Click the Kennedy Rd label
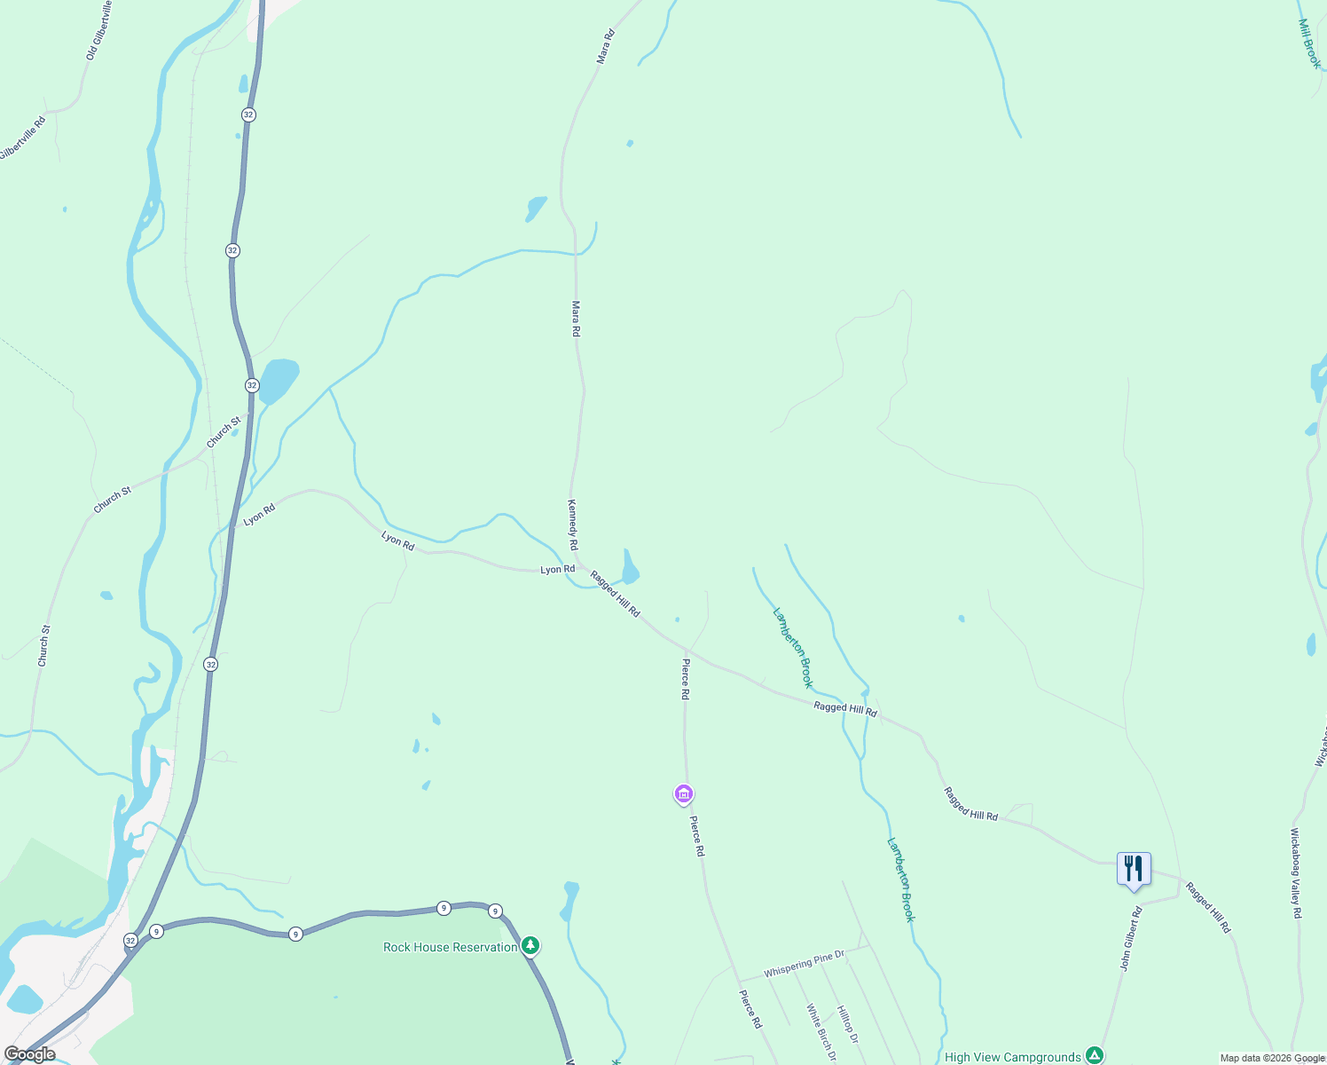(x=573, y=524)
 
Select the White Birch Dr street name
(x=821, y=1032)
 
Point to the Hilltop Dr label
(x=848, y=1025)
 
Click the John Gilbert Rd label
(x=1130, y=939)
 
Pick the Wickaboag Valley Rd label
(x=1295, y=873)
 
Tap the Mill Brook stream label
(x=1309, y=43)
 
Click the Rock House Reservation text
(x=450, y=947)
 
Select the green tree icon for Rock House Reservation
(x=530, y=946)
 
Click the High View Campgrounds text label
(x=1012, y=1057)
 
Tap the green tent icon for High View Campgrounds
(x=1095, y=1055)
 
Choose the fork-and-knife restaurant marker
(x=1134, y=870)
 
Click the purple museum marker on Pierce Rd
(x=683, y=793)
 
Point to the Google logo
(x=29, y=1054)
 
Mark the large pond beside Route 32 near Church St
(x=279, y=380)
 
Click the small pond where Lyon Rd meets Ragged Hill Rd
(x=630, y=567)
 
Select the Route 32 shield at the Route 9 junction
(x=130, y=940)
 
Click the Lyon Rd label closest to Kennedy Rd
(x=558, y=569)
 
